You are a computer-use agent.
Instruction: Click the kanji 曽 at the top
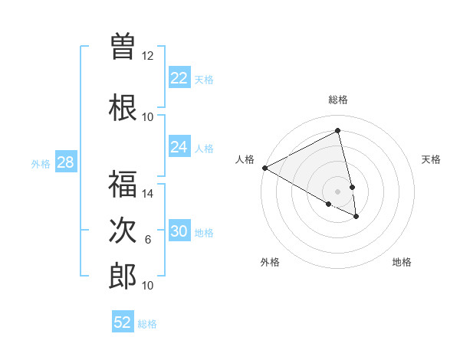pyautogui.click(x=123, y=45)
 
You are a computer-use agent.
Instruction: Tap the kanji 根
pyautogui.click(x=123, y=106)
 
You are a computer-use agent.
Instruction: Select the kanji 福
pyautogui.click(x=123, y=184)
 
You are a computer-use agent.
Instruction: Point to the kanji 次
pyautogui.click(x=123, y=230)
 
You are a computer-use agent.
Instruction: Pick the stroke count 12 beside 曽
pyautogui.click(x=148, y=55)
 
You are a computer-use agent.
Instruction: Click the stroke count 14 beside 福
pyautogui.click(x=148, y=194)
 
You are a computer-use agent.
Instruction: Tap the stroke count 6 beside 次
pyautogui.click(x=148, y=240)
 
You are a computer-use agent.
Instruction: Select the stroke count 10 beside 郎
pyautogui.click(x=148, y=286)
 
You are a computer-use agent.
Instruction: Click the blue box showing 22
pyautogui.click(x=179, y=78)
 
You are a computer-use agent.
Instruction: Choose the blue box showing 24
pyautogui.click(x=179, y=147)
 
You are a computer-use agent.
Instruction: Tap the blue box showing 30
pyautogui.click(x=179, y=231)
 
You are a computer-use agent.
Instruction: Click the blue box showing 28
pyautogui.click(x=65, y=162)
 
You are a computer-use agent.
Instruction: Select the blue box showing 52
pyautogui.click(x=123, y=322)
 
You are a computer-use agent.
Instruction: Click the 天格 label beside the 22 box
pyautogui.click(x=204, y=79)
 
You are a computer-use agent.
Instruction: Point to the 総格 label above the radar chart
pyautogui.click(x=337, y=100)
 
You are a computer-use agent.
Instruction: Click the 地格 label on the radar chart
pyautogui.click(x=402, y=262)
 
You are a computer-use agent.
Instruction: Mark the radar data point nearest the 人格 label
pyautogui.click(x=264, y=168)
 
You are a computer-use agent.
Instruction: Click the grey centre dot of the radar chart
pyautogui.click(x=337, y=191)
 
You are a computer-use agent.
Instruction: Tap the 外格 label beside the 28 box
pyautogui.click(x=41, y=163)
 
